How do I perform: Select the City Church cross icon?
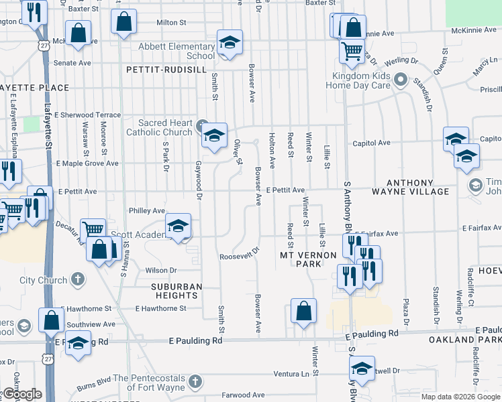[x=78, y=280]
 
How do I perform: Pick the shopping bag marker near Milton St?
[x=124, y=22]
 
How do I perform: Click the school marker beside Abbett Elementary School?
[x=230, y=44]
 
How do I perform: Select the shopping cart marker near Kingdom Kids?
[x=351, y=50]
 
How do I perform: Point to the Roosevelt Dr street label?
[x=239, y=257]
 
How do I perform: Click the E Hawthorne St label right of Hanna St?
[x=160, y=308]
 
